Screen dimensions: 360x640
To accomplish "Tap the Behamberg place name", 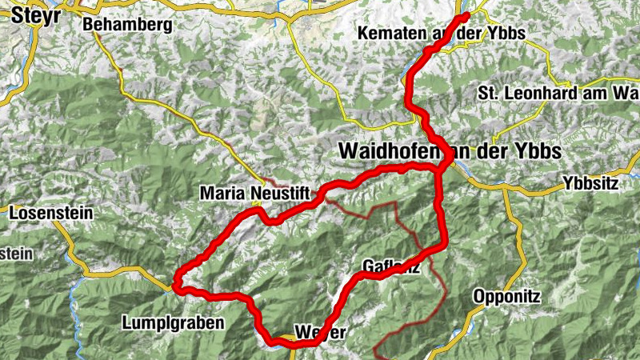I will (127, 26).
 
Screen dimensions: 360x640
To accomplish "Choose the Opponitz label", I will (506, 296).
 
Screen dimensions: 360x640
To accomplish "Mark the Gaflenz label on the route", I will (390, 266).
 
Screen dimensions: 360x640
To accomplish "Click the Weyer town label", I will (320, 330).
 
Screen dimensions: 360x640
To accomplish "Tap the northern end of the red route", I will (466, 15).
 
